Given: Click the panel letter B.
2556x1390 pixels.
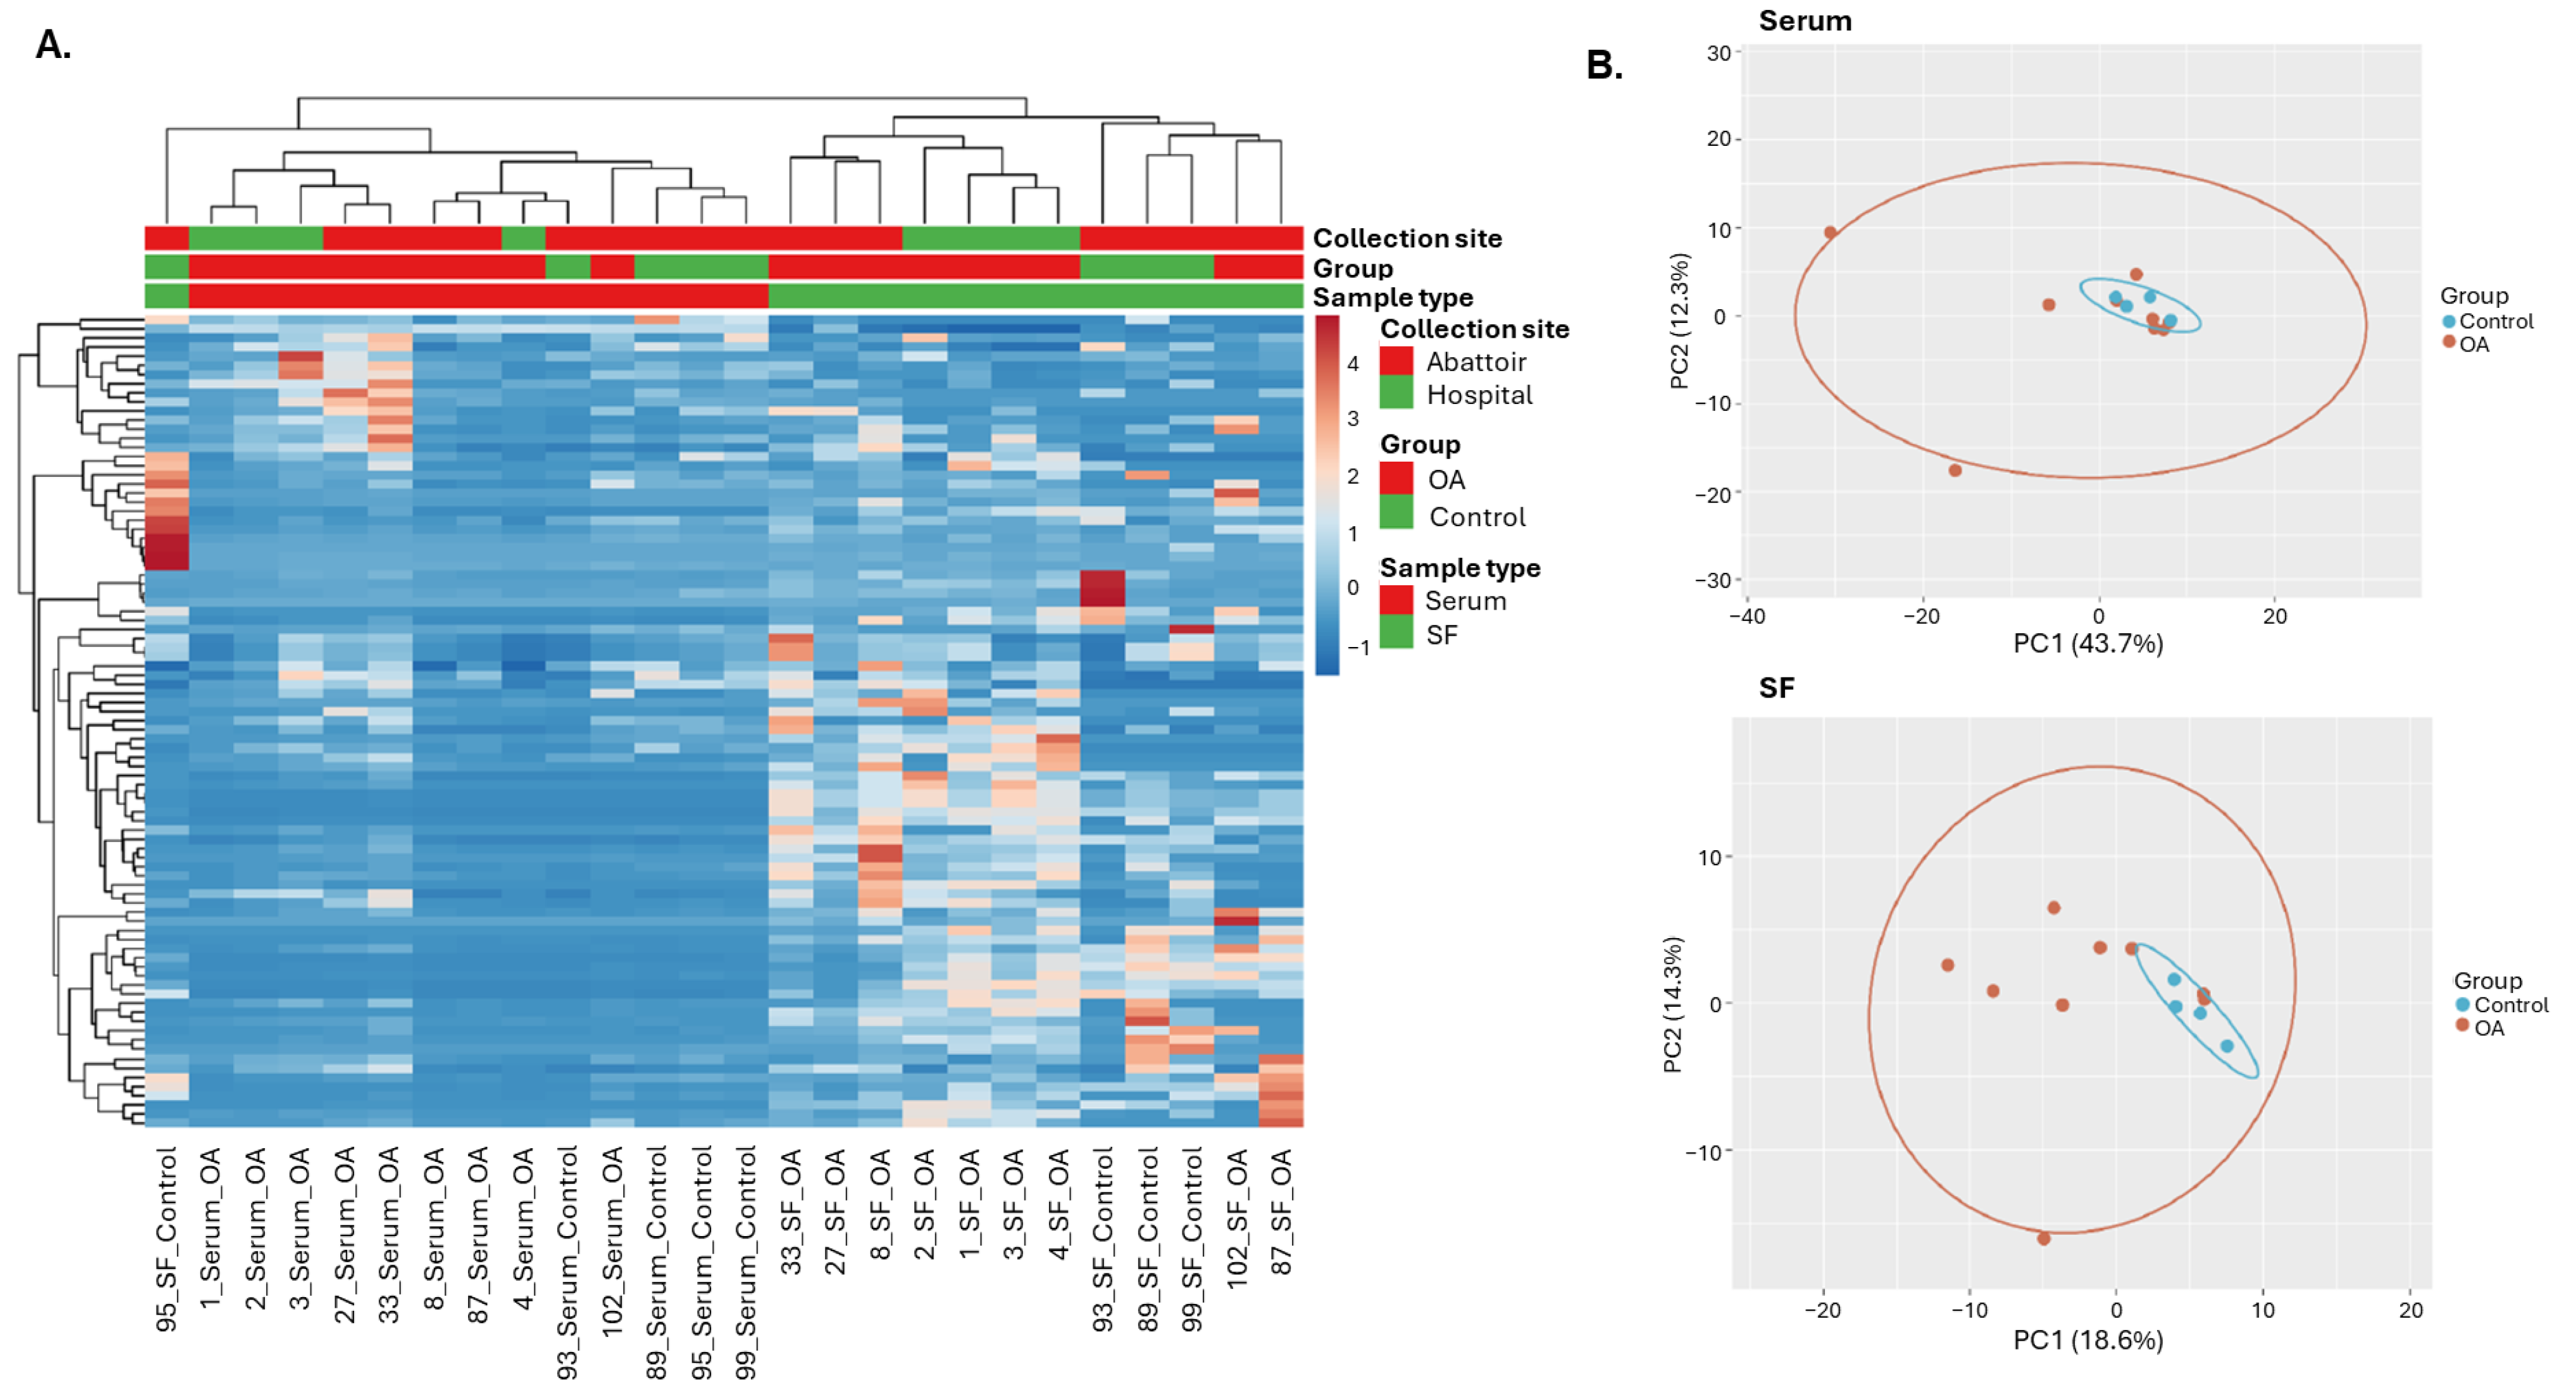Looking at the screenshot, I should tap(1604, 65).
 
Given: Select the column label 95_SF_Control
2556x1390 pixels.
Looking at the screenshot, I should tap(166, 1237).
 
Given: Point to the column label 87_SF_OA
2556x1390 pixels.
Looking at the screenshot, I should tap(1281, 1210).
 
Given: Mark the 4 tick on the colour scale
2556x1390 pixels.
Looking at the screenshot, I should tap(1352, 364).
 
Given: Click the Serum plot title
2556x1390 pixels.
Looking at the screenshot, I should tap(1804, 21).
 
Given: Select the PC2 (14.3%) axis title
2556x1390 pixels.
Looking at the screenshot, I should tap(1673, 1004).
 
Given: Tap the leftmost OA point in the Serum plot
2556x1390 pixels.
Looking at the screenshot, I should tap(1830, 232).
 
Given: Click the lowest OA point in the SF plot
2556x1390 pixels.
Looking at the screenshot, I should tap(2043, 1238).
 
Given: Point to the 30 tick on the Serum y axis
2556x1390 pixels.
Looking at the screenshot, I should tap(1718, 54).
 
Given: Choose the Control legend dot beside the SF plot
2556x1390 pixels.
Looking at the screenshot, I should tap(2462, 1005).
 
